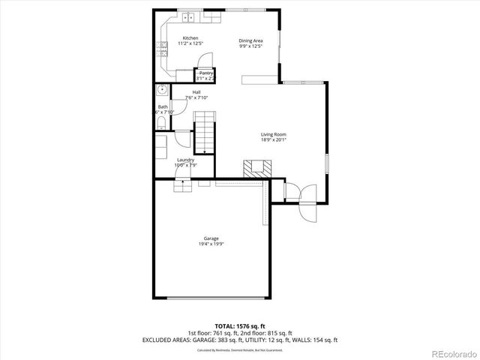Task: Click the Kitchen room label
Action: click(190, 37)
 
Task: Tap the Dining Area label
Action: click(250, 40)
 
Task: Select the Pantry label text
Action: click(205, 73)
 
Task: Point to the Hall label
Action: click(196, 91)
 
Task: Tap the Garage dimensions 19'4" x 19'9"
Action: click(211, 244)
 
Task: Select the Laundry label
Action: click(185, 160)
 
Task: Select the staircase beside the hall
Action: click(205, 130)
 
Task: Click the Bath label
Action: click(163, 106)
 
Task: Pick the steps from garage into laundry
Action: click(184, 185)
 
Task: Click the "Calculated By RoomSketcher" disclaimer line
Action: click(240, 350)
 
